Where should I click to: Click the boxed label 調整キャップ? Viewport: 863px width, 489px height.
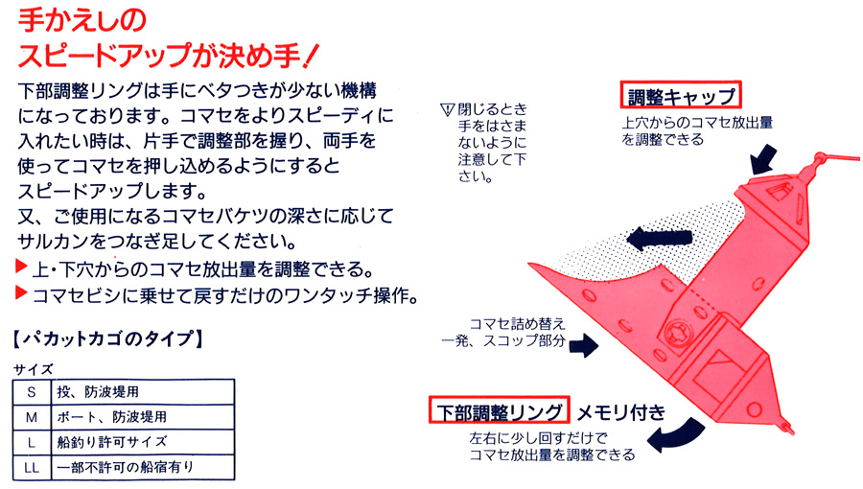click(x=680, y=95)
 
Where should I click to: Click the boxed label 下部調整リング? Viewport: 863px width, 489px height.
click(x=500, y=410)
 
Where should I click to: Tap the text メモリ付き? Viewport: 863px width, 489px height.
click(x=620, y=412)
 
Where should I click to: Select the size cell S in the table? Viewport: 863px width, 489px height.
click(x=32, y=392)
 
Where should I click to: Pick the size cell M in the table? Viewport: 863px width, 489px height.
click(x=32, y=417)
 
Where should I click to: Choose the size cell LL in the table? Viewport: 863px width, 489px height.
click(x=32, y=468)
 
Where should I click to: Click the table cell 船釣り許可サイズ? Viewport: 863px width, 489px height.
click(x=112, y=442)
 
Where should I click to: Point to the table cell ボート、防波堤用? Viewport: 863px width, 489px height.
click(x=112, y=417)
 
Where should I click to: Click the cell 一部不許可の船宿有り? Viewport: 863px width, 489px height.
click(x=126, y=467)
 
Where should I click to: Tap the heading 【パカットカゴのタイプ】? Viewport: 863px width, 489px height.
click(x=107, y=338)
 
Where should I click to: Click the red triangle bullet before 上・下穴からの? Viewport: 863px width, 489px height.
click(x=21, y=267)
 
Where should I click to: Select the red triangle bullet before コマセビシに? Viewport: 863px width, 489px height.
click(x=21, y=292)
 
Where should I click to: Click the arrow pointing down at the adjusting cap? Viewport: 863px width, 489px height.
click(x=764, y=159)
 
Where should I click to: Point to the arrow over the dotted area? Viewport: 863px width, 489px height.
click(x=659, y=239)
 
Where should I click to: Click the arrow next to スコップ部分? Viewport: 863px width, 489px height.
click(x=583, y=345)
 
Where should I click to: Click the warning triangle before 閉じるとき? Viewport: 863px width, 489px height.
click(x=448, y=110)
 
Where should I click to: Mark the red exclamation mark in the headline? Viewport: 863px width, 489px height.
click(x=311, y=56)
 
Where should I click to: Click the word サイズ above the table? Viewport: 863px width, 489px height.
click(x=33, y=369)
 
